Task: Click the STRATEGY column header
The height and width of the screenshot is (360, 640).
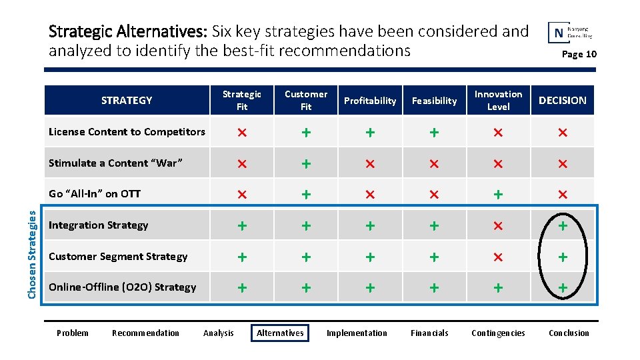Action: click(127, 101)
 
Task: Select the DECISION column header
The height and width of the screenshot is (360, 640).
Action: click(562, 101)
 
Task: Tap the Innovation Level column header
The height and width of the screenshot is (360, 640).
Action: click(498, 101)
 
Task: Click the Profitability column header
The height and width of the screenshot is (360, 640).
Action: click(370, 101)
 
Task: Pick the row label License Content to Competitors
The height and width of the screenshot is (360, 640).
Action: click(127, 132)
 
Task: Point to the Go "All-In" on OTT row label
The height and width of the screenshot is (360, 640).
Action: click(95, 194)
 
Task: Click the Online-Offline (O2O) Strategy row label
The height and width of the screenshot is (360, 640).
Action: click(123, 287)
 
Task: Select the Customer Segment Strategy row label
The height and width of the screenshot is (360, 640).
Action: click(118, 257)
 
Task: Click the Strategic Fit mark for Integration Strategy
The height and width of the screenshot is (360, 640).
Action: click(242, 226)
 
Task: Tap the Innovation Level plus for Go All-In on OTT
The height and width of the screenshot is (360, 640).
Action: click(498, 195)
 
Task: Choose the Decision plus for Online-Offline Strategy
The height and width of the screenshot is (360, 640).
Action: click(563, 288)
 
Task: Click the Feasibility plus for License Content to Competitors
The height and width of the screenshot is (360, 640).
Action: click(434, 133)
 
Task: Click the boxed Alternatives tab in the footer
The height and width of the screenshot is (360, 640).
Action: click(280, 333)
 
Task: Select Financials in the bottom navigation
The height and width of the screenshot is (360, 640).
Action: click(429, 333)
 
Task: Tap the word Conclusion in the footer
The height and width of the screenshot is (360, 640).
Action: click(569, 333)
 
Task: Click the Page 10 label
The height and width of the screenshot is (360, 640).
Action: click(579, 54)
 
